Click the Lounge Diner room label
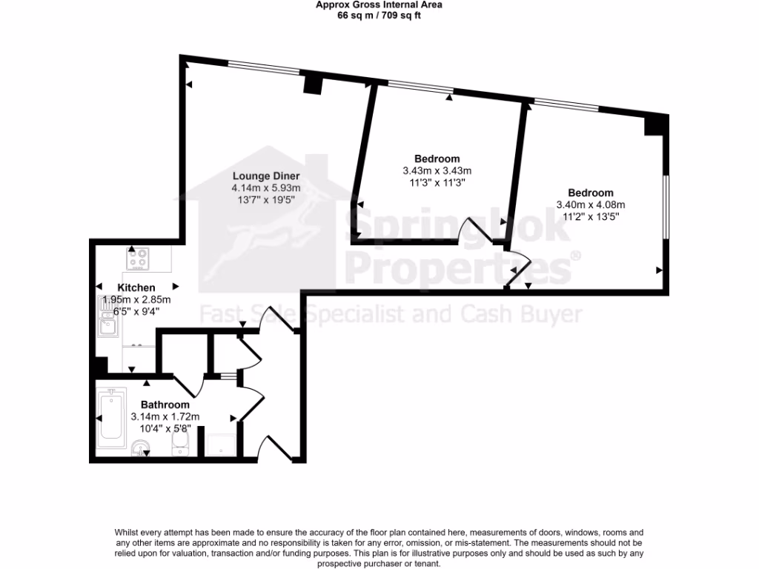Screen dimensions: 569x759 pyautogui.click(x=266, y=176)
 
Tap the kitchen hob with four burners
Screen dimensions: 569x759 pyautogui.click(x=139, y=259)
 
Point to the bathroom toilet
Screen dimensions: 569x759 pyautogui.click(x=180, y=444)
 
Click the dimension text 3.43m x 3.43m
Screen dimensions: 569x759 pyautogui.click(x=437, y=170)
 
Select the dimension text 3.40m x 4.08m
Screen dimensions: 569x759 pyautogui.click(x=591, y=205)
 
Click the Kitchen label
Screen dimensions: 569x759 pyautogui.click(x=136, y=287)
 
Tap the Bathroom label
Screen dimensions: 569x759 pyautogui.click(x=165, y=405)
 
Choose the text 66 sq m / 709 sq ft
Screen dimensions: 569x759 pyautogui.click(x=379, y=14)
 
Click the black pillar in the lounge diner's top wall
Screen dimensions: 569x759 pyautogui.click(x=312, y=84)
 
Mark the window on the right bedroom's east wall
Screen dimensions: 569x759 pyautogui.click(x=666, y=207)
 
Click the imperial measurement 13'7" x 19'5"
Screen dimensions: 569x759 pyautogui.click(x=266, y=200)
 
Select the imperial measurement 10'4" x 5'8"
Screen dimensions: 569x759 pyautogui.click(x=165, y=428)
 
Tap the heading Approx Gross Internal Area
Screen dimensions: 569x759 pyautogui.click(x=379, y=4)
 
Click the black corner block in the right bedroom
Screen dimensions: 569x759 pyautogui.click(x=655, y=124)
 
